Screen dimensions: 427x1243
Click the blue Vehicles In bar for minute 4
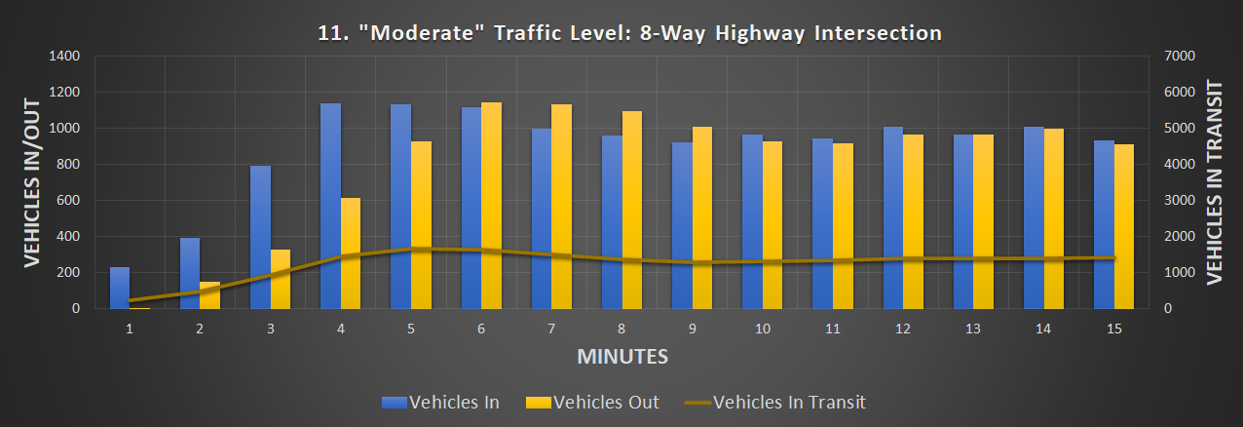(x=330, y=206)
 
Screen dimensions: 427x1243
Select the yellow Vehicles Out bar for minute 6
(x=491, y=206)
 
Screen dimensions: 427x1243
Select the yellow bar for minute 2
(x=210, y=295)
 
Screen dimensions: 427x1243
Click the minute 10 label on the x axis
(x=763, y=330)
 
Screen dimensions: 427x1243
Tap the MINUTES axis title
(x=622, y=356)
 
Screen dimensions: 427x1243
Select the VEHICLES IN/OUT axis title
(x=31, y=182)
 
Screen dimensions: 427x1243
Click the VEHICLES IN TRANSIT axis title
(x=1214, y=182)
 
